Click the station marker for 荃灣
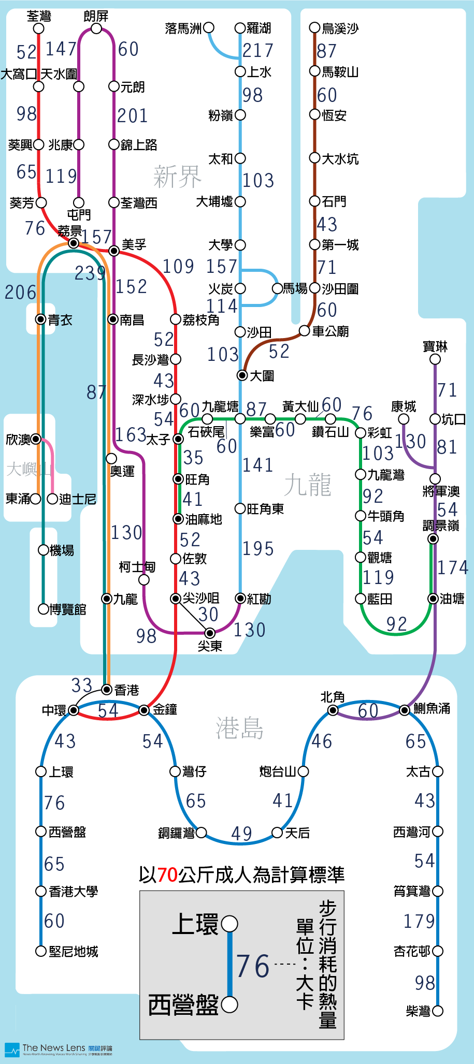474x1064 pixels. pos(38,28)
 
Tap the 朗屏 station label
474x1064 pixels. pos(96,16)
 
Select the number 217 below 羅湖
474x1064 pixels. pos(257,50)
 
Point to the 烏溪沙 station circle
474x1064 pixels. pos(314,27)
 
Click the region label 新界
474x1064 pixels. pos(177,177)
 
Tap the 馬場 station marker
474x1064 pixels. pos(278,288)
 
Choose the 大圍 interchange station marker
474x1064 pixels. pos(242,375)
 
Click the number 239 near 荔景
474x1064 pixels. pos(90,273)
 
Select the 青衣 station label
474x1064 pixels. pos(60,320)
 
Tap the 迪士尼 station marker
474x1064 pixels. pos(52,499)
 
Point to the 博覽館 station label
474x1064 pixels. pos(68,609)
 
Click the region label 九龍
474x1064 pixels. pos(307,485)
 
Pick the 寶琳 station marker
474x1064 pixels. pos(435,359)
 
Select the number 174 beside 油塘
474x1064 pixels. pos(453,567)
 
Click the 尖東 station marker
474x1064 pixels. pos(210,633)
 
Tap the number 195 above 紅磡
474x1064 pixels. pos(258,549)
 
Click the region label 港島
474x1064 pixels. pos(239,728)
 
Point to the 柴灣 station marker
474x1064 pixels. pos(438,1011)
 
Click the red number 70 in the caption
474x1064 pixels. pos(167,874)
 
